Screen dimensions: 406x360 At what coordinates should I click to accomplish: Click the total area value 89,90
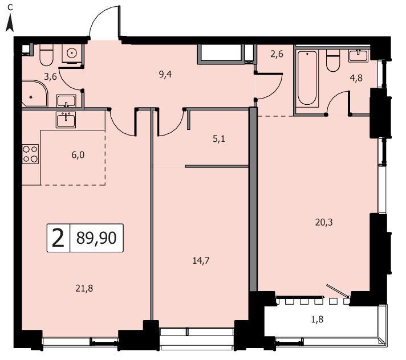tap(96, 238)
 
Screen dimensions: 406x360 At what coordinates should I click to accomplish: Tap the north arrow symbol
tap(10, 23)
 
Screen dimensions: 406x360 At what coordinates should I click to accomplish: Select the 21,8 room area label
tap(84, 288)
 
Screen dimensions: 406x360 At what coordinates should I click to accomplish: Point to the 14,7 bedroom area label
tap(201, 261)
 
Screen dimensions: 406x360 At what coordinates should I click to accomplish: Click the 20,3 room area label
tap(324, 222)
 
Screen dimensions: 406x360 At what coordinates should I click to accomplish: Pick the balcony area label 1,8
tap(317, 320)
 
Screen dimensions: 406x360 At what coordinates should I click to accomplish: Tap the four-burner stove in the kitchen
tap(30, 154)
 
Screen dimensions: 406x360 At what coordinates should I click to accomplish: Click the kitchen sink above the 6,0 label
tap(66, 120)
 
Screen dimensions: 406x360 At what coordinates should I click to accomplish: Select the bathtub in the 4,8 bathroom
tap(307, 79)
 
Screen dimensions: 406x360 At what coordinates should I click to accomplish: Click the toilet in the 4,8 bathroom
tap(333, 60)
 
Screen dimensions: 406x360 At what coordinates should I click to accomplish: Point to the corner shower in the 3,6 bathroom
tap(35, 93)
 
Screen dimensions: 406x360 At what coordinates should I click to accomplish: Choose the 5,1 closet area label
tap(219, 139)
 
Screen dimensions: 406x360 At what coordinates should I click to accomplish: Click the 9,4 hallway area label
tap(165, 75)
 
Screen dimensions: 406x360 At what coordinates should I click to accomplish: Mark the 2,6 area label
tap(277, 54)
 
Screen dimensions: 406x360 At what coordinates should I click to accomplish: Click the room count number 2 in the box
tap(58, 238)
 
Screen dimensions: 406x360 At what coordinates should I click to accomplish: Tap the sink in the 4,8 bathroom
tap(358, 56)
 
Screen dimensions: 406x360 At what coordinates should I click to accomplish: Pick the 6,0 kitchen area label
tap(78, 155)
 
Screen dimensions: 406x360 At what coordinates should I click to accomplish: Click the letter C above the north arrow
tap(10, 8)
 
